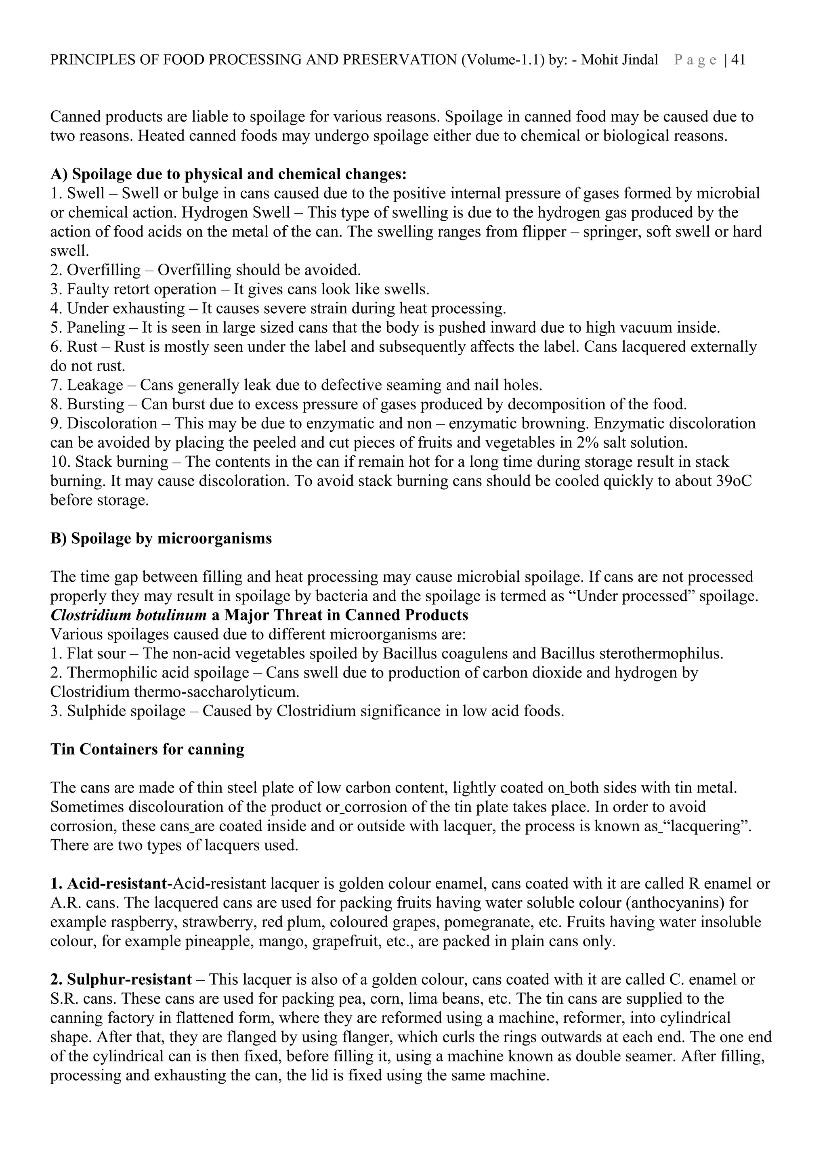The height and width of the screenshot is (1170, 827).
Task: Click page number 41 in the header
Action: tap(738, 60)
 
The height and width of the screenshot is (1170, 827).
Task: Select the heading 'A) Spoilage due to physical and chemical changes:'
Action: tap(228, 174)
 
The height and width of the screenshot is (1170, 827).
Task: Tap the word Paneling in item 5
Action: tap(96, 328)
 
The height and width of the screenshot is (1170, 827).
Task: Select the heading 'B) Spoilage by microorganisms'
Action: tap(161, 539)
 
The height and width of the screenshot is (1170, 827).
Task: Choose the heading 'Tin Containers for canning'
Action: tap(147, 750)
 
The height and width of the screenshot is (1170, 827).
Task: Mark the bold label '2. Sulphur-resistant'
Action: tap(121, 979)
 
